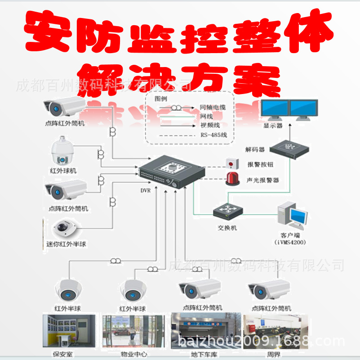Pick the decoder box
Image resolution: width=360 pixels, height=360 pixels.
click(x=290, y=148)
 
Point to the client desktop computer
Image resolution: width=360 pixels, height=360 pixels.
click(x=292, y=216)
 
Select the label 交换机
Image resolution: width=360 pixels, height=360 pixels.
click(x=227, y=228)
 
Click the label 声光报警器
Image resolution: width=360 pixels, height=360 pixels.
click(x=263, y=180)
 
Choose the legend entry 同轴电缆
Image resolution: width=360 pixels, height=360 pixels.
click(x=213, y=108)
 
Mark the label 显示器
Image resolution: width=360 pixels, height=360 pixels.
click(x=273, y=126)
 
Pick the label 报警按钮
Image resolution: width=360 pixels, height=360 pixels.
click(x=260, y=165)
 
